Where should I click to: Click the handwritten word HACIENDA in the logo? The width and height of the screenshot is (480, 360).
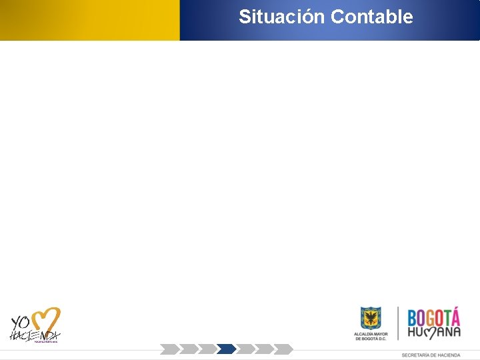34,335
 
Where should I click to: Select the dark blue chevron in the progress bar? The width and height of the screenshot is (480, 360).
227,349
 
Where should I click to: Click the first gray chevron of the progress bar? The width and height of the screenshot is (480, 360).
169,349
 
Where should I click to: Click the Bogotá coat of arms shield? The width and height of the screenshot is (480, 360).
371,318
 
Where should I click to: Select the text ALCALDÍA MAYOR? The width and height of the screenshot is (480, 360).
371,333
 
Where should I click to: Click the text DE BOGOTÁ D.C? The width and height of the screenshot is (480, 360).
371,338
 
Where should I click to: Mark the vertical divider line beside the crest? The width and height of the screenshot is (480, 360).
398,323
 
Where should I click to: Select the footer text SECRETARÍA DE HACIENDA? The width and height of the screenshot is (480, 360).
431,355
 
